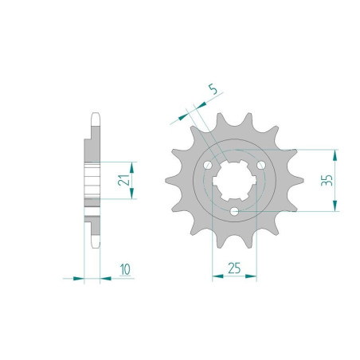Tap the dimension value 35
tap(326, 180)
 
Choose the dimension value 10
tap(125, 270)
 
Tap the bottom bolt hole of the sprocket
tap(235, 211)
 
